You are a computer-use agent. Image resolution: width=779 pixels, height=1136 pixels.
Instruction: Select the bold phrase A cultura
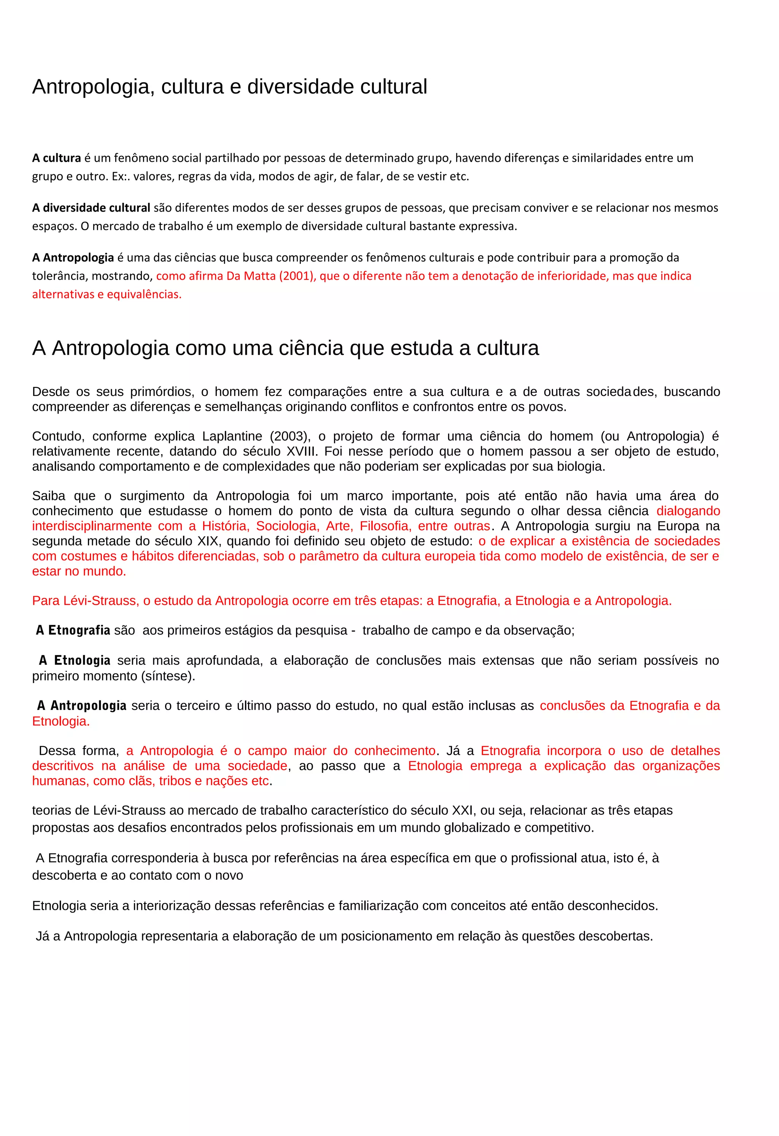click(56, 158)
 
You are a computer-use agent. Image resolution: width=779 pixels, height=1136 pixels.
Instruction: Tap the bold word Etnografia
click(79, 630)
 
